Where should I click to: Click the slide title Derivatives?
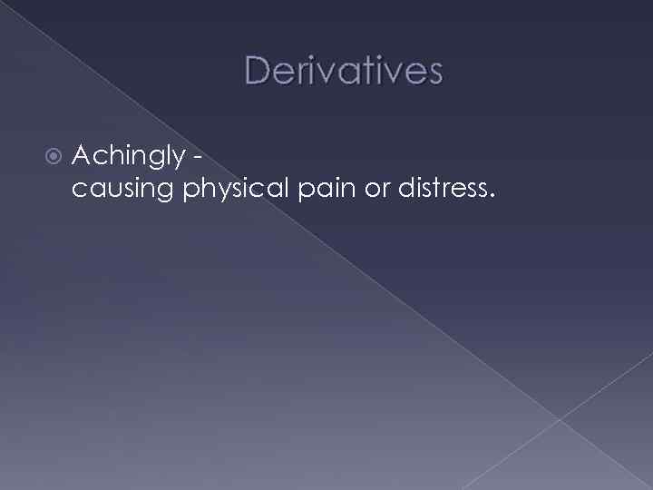pyautogui.click(x=343, y=71)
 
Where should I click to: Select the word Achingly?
pyautogui.click(x=127, y=157)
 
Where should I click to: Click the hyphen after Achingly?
pyautogui.click(x=196, y=158)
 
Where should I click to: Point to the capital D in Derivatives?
pyautogui.click(x=256, y=71)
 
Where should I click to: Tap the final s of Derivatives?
pyautogui.click(x=434, y=73)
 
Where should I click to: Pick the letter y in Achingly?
pyautogui.click(x=180, y=161)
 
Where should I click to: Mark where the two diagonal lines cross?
pyautogui.click(x=560, y=418)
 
